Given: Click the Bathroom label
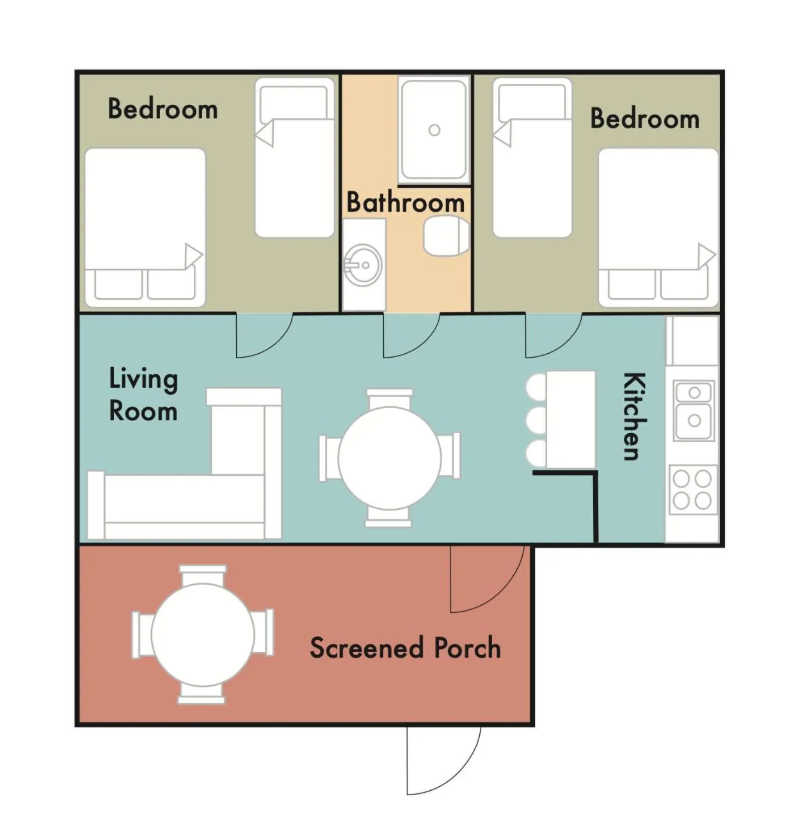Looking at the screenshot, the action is tap(405, 202).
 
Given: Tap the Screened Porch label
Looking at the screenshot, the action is tap(405, 647).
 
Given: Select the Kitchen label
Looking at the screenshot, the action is tap(634, 416).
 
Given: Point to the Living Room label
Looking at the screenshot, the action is tap(143, 394).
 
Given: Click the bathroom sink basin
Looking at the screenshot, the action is tap(362, 265).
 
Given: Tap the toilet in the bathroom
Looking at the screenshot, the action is tap(446, 236).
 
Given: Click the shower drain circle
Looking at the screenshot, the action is tap(434, 130).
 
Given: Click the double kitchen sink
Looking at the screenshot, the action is tap(694, 411).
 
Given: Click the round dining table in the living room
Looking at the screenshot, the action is tap(389, 458).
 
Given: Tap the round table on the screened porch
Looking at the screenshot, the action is tap(203, 635).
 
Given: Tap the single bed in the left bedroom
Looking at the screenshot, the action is tap(294, 157).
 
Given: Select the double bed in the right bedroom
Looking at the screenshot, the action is tap(658, 227).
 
